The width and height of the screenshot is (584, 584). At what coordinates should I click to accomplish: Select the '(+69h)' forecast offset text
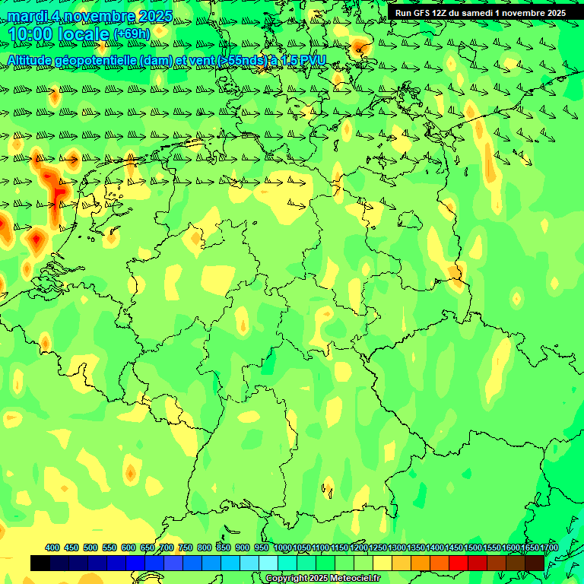pyautogui.click(x=132, y=34)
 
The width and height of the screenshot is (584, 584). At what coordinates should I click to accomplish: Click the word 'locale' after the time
pyautogui.click(x=84, y=35)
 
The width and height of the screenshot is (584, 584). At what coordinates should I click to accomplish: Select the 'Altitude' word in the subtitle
pyautogui.click(x=30, y=60)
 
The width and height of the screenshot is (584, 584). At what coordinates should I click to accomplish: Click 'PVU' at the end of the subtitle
pyautogui.click(x=313, y=60)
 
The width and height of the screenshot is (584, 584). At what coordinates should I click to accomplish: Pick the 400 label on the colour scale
pyautogui.click(x=52, y=547)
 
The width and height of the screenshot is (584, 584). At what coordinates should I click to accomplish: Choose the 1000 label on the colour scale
pyautogui.click(x=283, y=547)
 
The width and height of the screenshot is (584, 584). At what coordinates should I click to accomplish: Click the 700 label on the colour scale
pyautogui.click(x=167, y=547)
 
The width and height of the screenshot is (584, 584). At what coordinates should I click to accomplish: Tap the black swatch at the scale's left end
pyautogui.click(x=40, y=563)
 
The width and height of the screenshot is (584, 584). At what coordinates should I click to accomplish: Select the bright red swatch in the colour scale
pyautogui.click(x=459, y=563)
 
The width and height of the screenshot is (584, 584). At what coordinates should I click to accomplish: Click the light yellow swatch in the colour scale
pyautogui.click(x=382, y=563)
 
